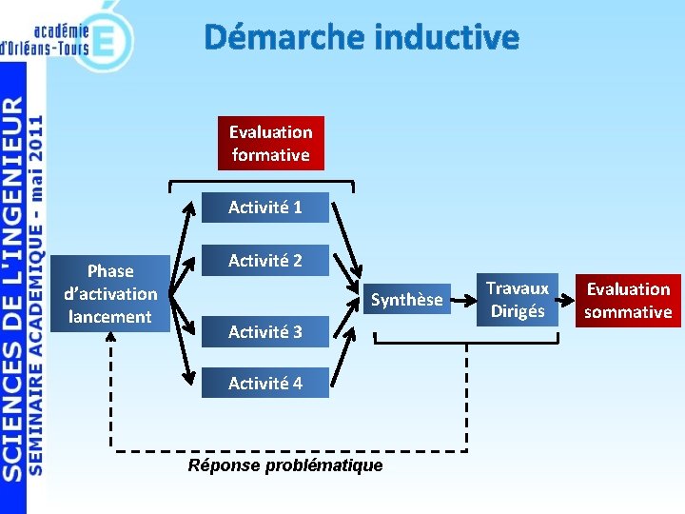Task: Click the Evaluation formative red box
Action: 270,143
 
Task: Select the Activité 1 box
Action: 264,207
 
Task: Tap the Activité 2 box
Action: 264,260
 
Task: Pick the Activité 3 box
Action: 264,331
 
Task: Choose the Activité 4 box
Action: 264,383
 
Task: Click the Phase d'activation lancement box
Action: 110,293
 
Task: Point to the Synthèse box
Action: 406,300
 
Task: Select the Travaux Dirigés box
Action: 518,300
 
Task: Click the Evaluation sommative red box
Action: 628,300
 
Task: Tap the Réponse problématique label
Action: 285,465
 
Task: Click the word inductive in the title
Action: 447,37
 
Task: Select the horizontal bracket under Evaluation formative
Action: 262,183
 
